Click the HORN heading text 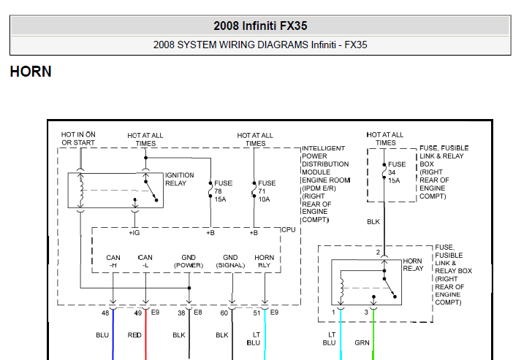(31, 72)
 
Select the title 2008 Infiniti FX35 (260, 26)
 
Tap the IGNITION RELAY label (179, 179)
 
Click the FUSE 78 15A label (224, 191)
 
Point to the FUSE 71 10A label (267, 191)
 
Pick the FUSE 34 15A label (397, 172)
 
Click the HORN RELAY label (413, 264)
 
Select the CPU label (288, 229)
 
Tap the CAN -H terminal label (113, 261)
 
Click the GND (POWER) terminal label (189, 261)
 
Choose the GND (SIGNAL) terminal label (230, 261)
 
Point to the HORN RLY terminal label (265, 261)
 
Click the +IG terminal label (134, 233)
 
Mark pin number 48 (105, 313)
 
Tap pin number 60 (224, 313)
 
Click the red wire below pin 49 (145, 334)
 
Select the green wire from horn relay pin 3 (373, 334)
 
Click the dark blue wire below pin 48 (113, 334)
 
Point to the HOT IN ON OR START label (78, 139)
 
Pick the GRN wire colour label (362, 342)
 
